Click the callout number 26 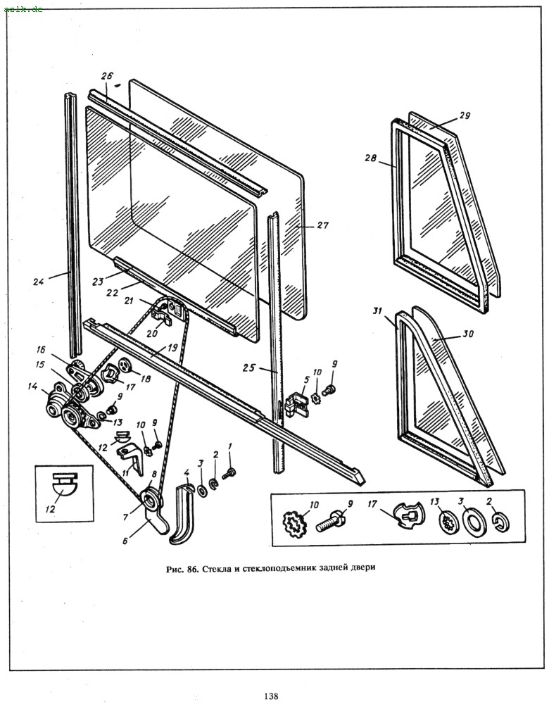[106, 76]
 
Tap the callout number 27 [323, 226]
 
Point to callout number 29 [465, 115]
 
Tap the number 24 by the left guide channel [38, 282]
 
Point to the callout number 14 [32, 386]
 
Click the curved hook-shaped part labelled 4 [182, 512]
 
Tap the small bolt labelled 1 [231, 474]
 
